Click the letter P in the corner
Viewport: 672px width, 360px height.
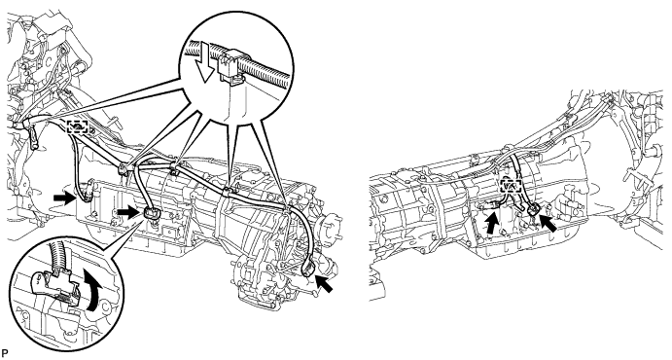click(4, 353)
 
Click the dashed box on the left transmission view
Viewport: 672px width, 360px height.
click(78, 126)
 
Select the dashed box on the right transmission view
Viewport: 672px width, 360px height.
click(511, 187)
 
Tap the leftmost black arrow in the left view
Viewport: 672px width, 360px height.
click(63, 198)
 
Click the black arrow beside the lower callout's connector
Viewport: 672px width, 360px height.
click(128, 211)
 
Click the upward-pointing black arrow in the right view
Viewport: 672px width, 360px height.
click(492, 223)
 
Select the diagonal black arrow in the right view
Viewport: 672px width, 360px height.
click(548, 223)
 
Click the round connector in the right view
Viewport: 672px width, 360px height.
click(533, 209)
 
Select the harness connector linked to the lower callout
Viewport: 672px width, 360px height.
click(151, 212)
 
